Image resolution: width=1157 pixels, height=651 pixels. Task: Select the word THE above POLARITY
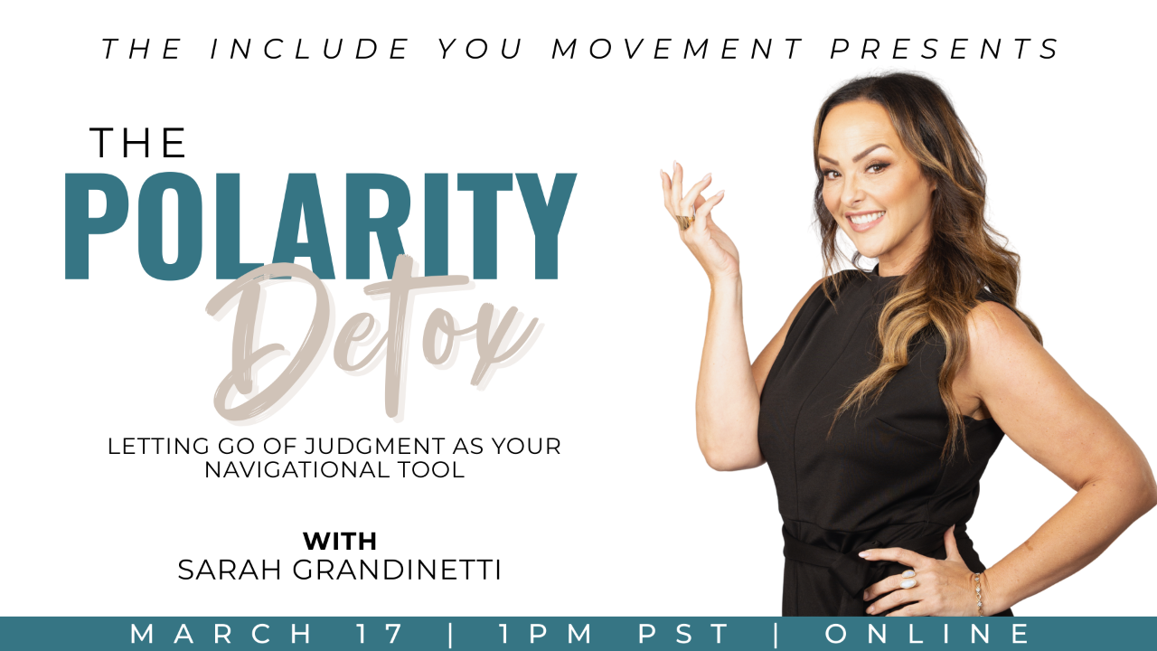(x=138, y=143)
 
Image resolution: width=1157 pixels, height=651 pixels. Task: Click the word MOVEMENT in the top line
(x=678, y=49)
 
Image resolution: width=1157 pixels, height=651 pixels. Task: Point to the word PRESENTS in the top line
(x=946, y=49)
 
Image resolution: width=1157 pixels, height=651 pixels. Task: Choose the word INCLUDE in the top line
(x=310, y=49)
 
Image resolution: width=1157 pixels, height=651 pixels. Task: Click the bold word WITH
(x=339, y=542)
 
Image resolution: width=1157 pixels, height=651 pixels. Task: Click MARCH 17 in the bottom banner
(x=267, y=634)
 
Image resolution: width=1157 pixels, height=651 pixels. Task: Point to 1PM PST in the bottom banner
(x=614, y=634)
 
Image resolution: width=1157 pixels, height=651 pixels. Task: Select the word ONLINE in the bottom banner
(x=927, y=634)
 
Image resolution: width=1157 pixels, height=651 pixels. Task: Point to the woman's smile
(x=867, y=219)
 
